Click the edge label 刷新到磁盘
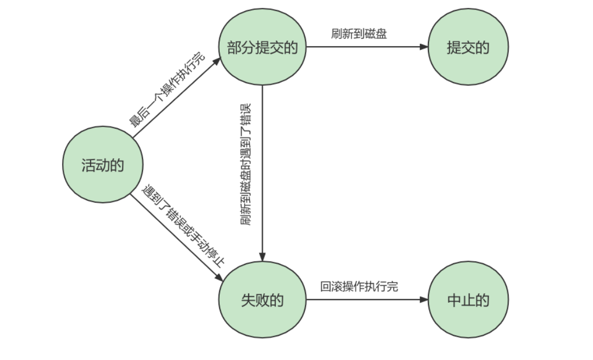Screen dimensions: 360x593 click(359, 34)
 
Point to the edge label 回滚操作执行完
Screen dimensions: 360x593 click(359, 286)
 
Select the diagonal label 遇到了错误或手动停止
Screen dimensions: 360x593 click(185, 225)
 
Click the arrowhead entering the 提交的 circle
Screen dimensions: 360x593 click(425, 47)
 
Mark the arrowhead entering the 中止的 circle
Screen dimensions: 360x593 click(425, 300)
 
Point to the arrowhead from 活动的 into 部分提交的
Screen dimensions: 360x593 click(217, 62)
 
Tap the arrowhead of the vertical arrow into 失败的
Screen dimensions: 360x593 click(262, 256)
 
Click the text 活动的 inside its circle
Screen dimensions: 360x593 click(102, 165)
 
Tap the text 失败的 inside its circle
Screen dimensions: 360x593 click(262, 300)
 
